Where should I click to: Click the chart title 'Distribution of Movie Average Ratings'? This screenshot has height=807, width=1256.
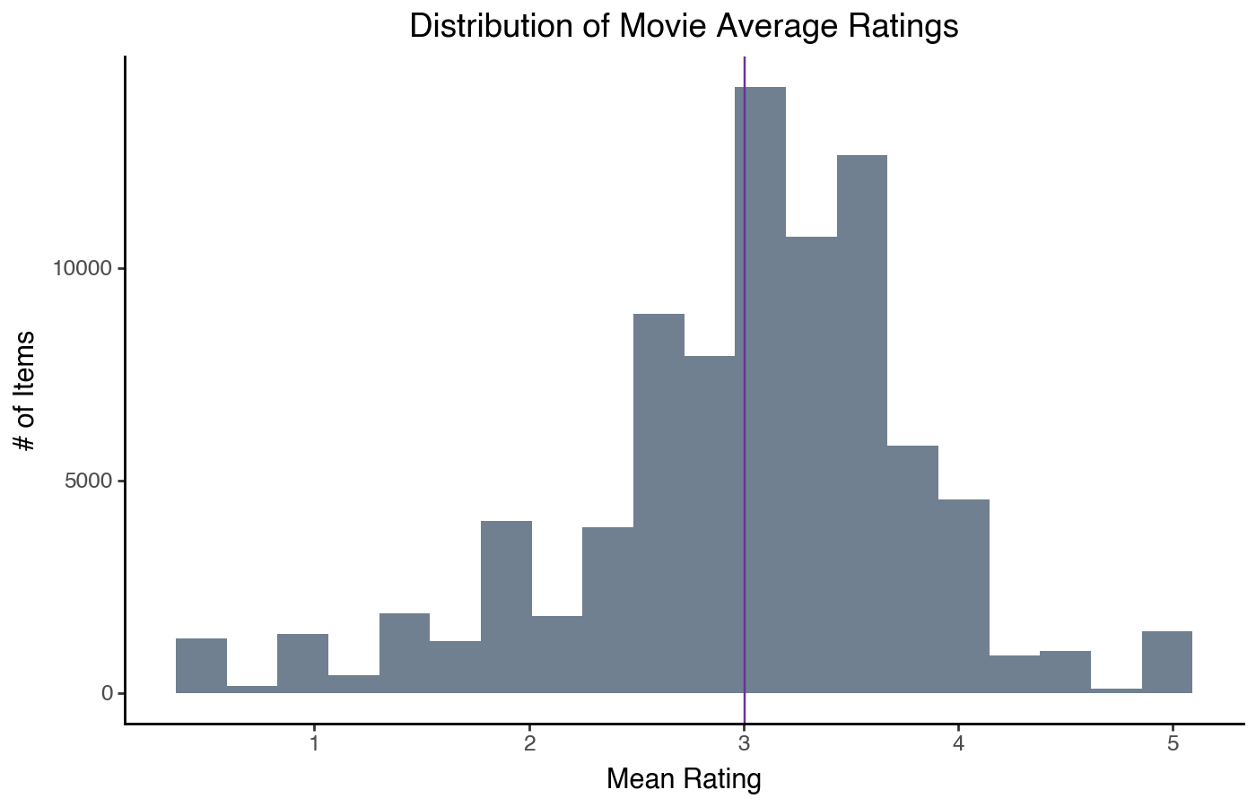point(684,27)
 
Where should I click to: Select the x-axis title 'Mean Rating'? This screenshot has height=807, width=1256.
point(684,779)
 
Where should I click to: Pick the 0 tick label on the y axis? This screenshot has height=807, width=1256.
point(108,693)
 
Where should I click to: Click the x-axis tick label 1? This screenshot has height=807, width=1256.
point(315,743)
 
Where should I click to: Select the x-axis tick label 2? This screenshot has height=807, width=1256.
point(529,743)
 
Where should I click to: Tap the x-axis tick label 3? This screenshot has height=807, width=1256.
point(744,743)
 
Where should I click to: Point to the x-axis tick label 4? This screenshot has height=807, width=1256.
point(958,743)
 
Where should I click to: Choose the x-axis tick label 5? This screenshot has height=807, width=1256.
point(1173,743)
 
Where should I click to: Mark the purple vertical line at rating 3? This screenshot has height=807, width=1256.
point(745,224)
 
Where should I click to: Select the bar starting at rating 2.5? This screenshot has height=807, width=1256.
point(659,503)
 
